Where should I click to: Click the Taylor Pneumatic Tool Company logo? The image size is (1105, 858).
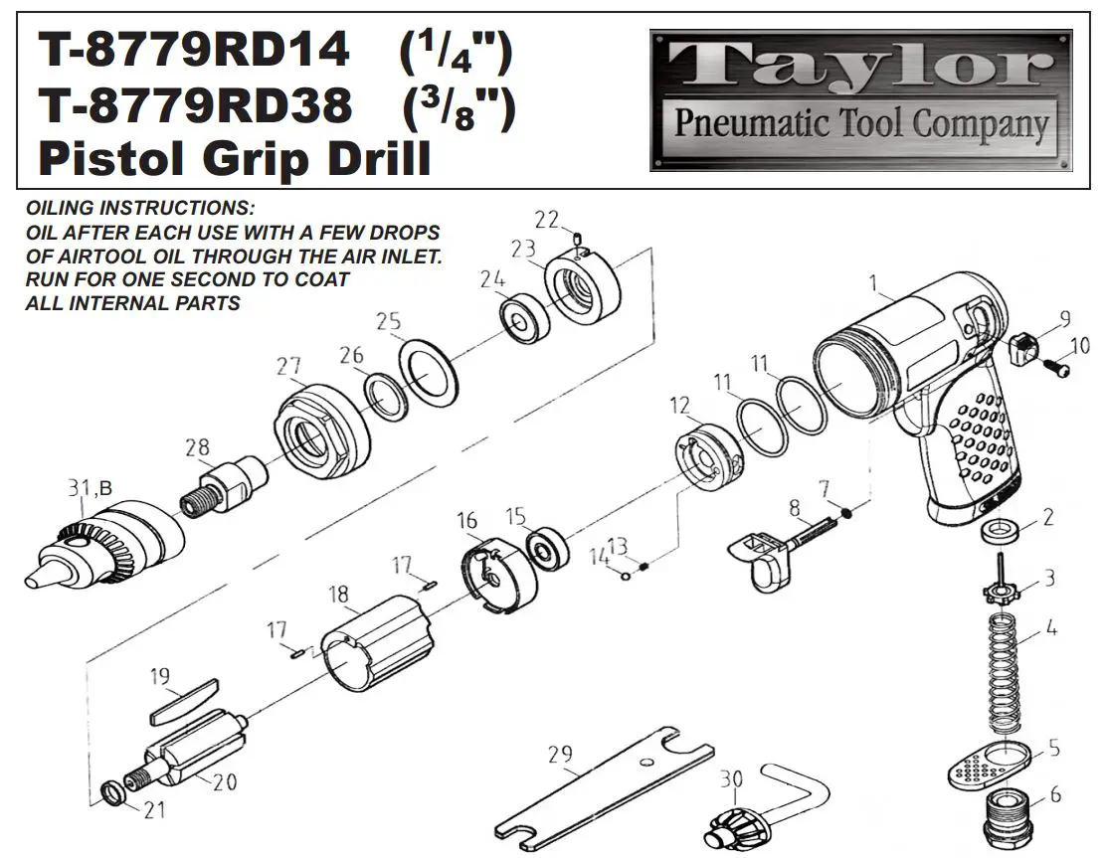(x=860, y=99)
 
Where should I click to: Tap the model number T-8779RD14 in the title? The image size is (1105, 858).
(x=194, y=51)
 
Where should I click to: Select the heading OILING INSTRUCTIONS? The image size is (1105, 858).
(x=140, y=210)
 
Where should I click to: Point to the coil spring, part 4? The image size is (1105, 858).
(x=1006, y=676)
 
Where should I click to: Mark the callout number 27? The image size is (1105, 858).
(x=288, y=366)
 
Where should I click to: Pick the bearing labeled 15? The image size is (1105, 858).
(x=546, y=548)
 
